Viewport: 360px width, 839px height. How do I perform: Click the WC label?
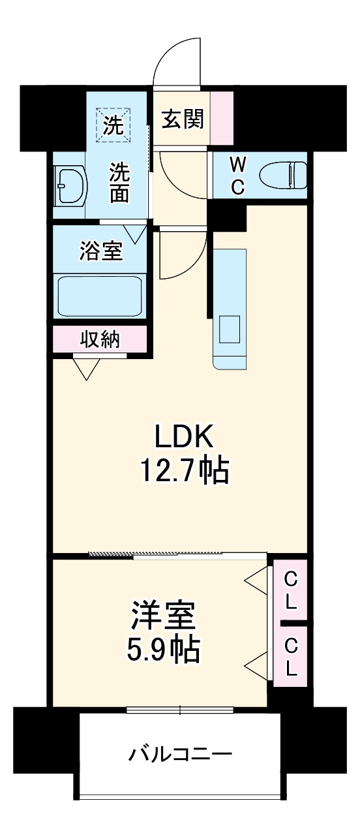coord(237,175)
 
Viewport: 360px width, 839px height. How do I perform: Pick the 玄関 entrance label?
coord(183,119)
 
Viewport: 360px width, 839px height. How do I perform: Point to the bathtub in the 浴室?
coord(100,296)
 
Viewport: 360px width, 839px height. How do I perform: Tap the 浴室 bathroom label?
coord(101,250)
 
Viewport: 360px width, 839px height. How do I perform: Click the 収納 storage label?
coord(100,339)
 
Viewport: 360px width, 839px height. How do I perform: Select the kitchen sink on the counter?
coord(230,328)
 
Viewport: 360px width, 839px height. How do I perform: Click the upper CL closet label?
coord(291,590)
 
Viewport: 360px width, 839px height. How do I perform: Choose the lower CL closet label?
coord(291,656)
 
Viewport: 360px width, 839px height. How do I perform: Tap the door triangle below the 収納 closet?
coord(87,368)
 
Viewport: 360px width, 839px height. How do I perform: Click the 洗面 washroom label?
coord(119,183)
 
